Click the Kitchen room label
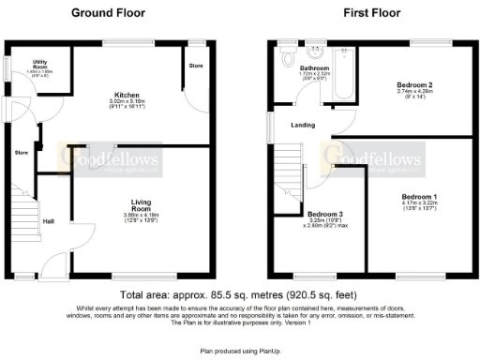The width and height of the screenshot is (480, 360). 127,96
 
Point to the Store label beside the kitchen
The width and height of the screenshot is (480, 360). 195,66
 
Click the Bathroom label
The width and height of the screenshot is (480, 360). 314,68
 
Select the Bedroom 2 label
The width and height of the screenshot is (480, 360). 413,85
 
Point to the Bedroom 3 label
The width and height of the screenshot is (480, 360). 325,214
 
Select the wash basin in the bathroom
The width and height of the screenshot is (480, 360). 316,52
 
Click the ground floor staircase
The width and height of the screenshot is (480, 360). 26,217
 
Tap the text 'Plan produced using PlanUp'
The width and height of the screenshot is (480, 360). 240,350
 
